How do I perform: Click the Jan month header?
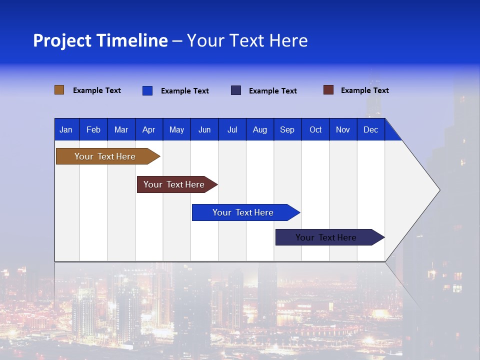click(x=66, y=129)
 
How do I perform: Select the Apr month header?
click(x=148, y=129)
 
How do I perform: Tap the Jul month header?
click(x=232, y=129)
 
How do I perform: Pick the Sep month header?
click(x=287, y=129)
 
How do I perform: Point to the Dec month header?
click(x=370, y=129)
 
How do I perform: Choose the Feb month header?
click(x=93, y=129)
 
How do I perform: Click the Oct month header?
click(x=315, y=129)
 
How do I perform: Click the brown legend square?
click(x=59, y=90)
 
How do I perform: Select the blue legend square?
click(x=147, y=90)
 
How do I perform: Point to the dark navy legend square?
click(x=236, y=90)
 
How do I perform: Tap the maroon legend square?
click(x=328, y=90)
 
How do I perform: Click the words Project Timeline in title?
click(x=100, y=40)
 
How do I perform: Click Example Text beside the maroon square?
click(x=364, y=90)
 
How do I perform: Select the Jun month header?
click(x=204, y=129)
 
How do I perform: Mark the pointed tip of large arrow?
click(x=439, y=189)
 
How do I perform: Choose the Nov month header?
click(x=343, y=129)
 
